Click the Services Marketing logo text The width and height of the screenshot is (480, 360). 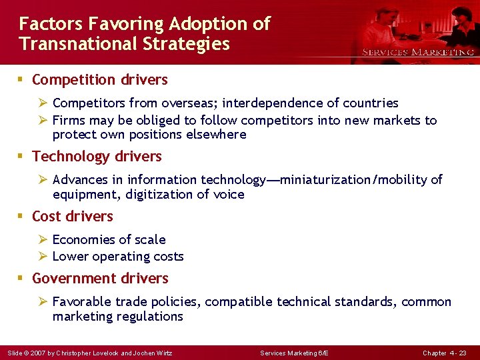(x=418, y=52)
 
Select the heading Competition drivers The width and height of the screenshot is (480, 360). (x=99, y=80)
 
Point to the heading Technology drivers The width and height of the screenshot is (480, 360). (x=97, y=157)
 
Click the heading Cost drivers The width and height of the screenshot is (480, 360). (x=72, y=217)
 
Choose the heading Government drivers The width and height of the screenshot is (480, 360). (x=100, y=279)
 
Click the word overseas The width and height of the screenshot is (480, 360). (x=191, y=103)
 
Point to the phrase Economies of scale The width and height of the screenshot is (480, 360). (x=109, y=240)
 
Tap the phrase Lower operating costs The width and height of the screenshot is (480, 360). (x=118, y=257)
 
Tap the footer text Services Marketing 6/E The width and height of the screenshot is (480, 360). (x=294, y=353)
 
